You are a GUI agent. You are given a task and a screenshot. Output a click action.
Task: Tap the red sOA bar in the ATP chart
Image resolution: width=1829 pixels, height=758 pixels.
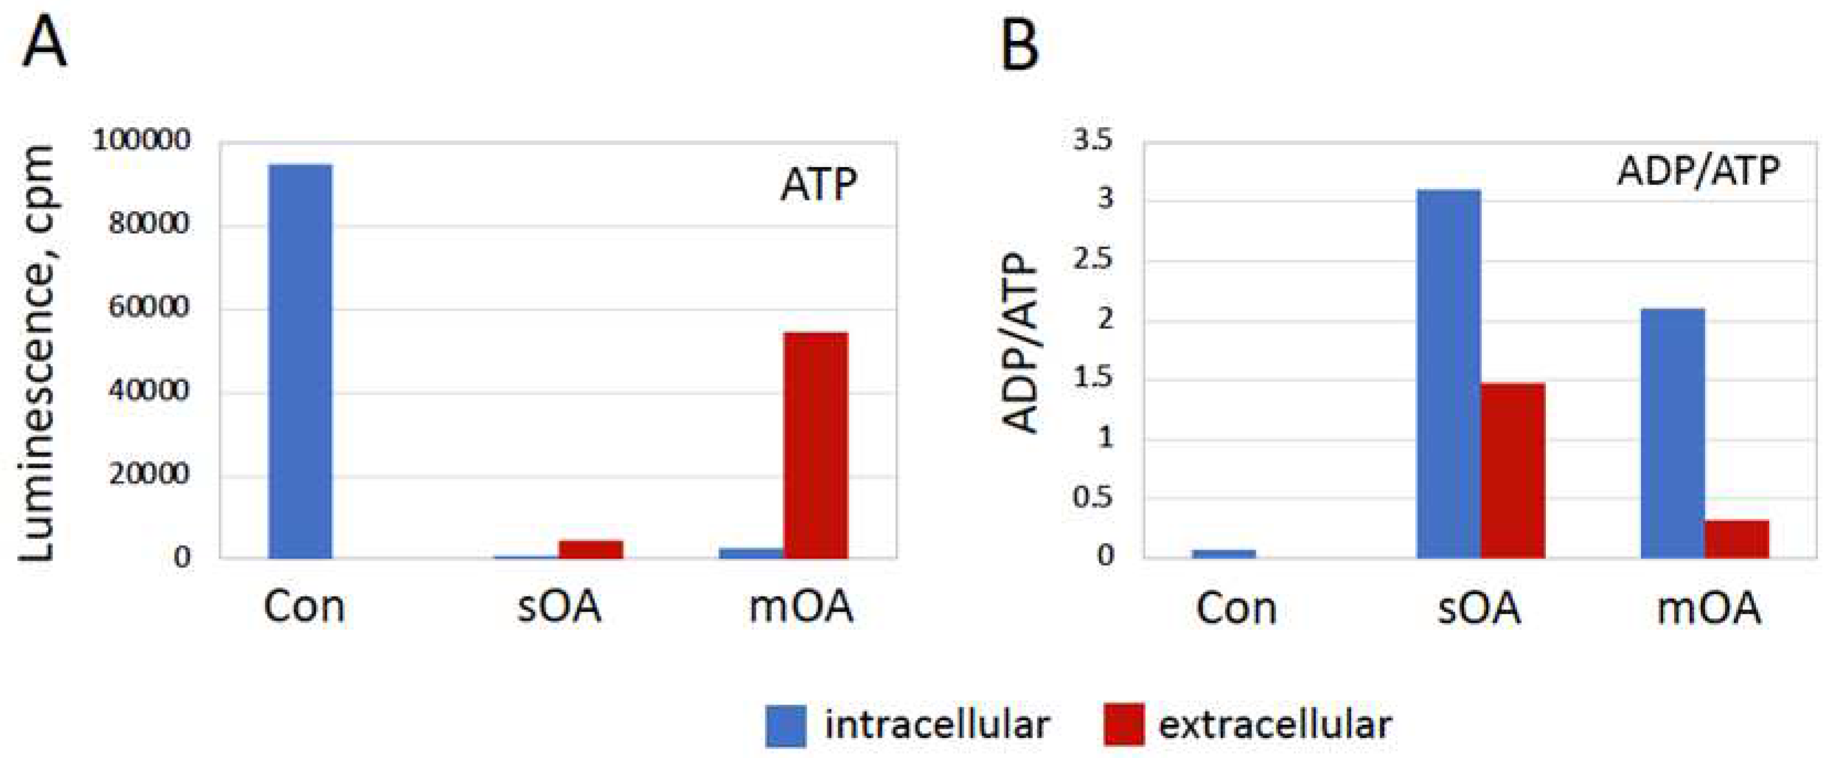tap(590, 550)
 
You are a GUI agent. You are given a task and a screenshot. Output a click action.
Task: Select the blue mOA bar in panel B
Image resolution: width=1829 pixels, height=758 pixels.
tap(1672, 433)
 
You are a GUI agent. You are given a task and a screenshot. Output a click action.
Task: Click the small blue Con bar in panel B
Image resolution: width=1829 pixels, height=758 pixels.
tap(1224, 553)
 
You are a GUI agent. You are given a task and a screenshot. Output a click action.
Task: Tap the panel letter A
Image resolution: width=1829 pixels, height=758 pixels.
tap(45, 44)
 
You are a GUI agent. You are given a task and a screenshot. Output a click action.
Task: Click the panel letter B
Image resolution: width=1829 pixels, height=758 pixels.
tap(1020, 44)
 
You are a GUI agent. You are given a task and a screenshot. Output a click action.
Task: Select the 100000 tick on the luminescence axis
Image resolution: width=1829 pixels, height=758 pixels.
tap(142, 140)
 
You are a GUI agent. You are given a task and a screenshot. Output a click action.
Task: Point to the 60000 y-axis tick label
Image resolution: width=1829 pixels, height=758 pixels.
tap(149, 307)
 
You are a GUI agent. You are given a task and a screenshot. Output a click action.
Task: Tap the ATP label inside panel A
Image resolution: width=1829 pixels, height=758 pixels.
tap(819, 185)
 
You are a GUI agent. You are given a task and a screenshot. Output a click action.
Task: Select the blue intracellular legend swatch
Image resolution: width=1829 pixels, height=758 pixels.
tap(785, 725)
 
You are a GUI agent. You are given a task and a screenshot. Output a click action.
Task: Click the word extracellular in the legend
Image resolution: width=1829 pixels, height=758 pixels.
tap(1274, 725)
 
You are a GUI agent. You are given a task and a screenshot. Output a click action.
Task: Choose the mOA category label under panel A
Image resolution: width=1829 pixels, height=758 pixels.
tap(801, 608)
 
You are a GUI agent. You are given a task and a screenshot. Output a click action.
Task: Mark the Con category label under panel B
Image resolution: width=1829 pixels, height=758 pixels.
tap(1236, 609)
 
